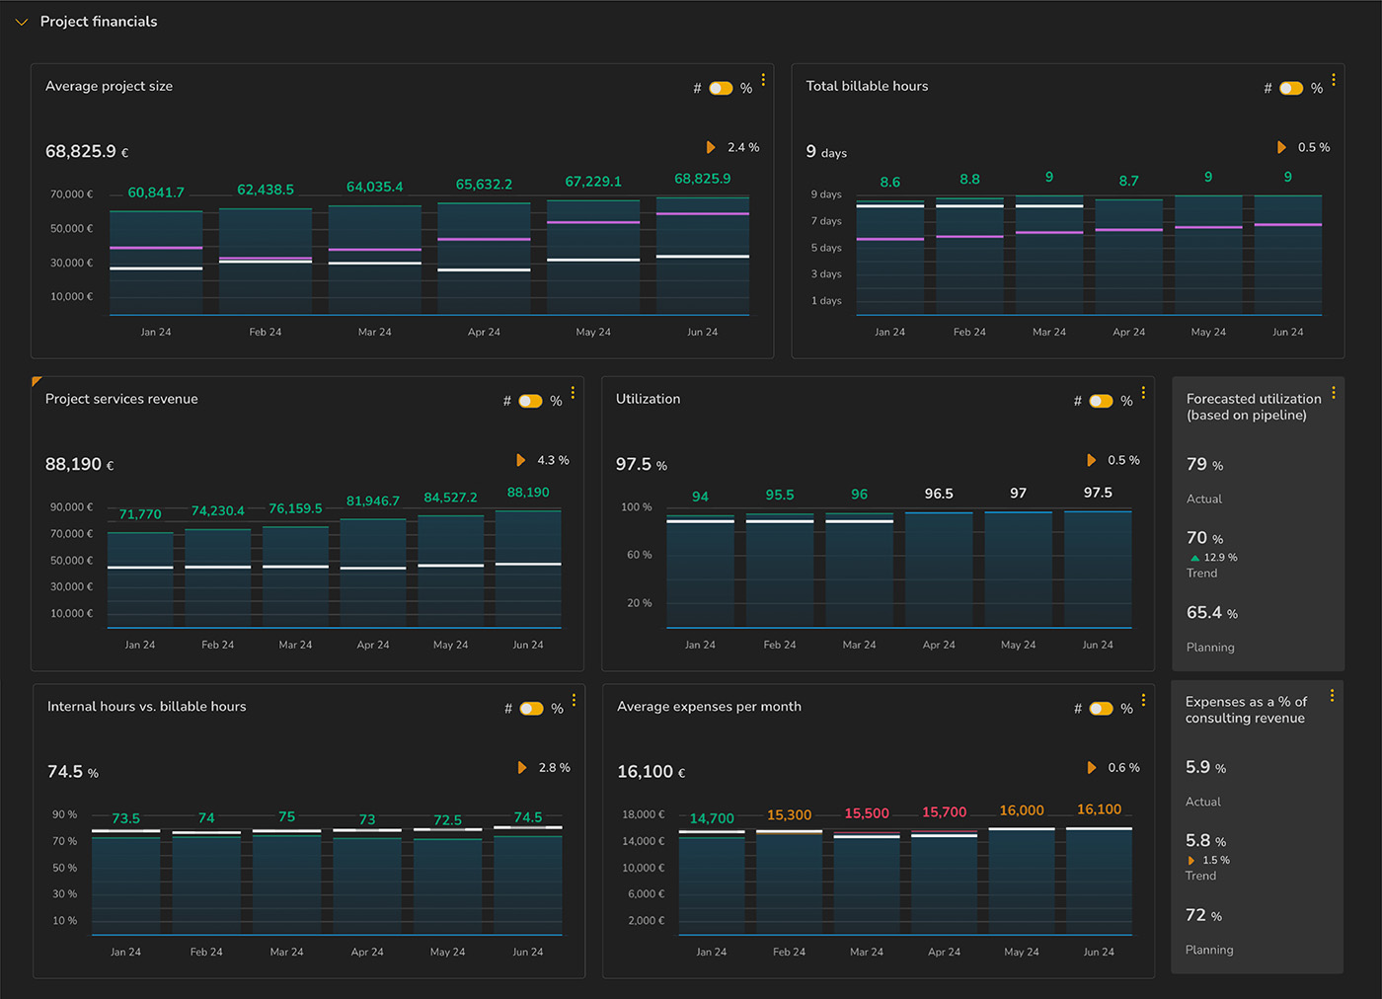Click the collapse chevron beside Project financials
point(21,22)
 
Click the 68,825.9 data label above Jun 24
point(702,179)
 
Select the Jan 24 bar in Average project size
point(156,263)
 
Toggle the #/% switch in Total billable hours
point(1291,89)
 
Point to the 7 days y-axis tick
point(826,221)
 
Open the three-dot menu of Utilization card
point(1143,393)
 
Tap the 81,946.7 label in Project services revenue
point(372,500)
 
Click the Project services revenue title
point(121,399)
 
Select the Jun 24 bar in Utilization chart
point(1098,569)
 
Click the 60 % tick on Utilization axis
point(639,555)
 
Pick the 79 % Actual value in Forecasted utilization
point(1204,465)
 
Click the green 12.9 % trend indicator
point(1214,558)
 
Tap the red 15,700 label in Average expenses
point(944,812)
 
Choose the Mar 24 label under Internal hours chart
point(286,952)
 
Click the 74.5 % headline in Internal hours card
point(72,772)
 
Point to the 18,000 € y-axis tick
point(643,814)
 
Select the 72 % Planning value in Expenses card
point(1202,916)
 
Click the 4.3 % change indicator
point(544,460)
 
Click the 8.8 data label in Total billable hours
point(969,180)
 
